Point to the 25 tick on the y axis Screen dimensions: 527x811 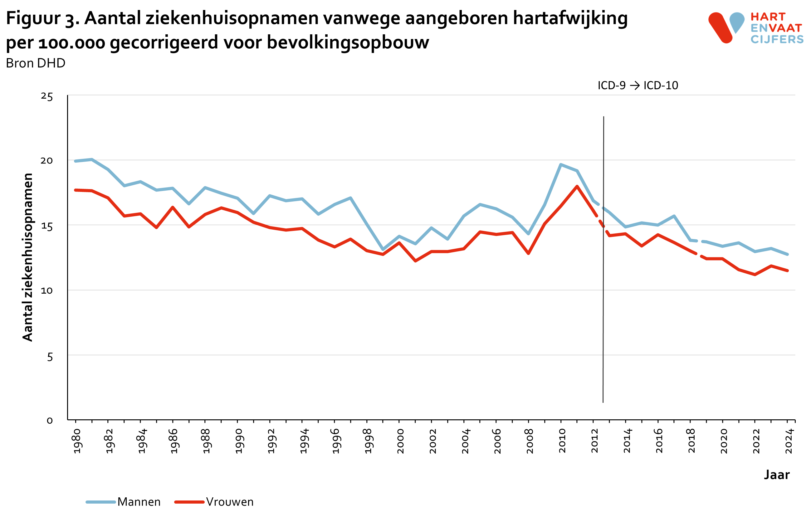tap(47, 97)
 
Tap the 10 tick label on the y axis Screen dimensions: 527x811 tap(47, 290)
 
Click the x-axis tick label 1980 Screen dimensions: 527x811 tap(77, 441)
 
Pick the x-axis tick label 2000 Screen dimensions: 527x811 tap(400, 441)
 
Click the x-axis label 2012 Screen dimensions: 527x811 tap(595, 441)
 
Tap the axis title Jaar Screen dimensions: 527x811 tap(776, 475)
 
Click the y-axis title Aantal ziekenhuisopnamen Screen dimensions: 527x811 tap(27, 257)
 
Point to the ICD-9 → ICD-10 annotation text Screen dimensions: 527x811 tap(638, 85)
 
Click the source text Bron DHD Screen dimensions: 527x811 tap(36, 63)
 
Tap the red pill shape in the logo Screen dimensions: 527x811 tap(720, 28)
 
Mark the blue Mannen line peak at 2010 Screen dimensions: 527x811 tap(561, 164)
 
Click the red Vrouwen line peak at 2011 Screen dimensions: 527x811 tap(577, 186)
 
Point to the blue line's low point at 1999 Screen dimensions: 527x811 tap(383, 249)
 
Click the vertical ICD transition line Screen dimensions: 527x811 tap(603, 307)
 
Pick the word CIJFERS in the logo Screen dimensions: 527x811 tap(777, 39)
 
